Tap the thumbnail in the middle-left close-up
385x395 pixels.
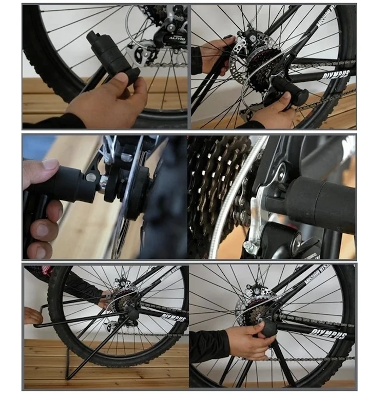pos(50,165)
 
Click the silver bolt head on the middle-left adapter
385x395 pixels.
pos(90,178)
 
